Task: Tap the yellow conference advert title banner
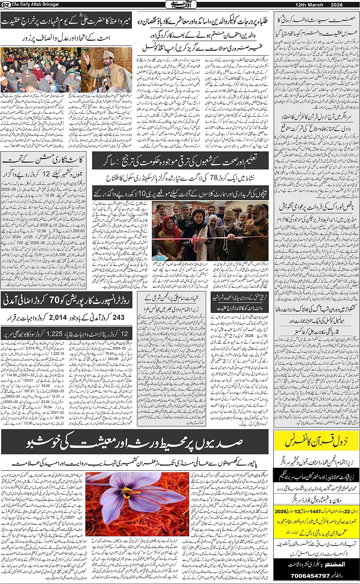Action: (316, 441)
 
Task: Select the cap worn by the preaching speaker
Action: (109, 54)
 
